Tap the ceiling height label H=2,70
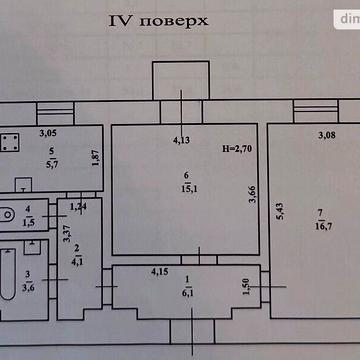pos(239,148)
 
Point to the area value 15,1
pos(187,184)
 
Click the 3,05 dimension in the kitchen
pos(48,132)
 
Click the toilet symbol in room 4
pos(7,212)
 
